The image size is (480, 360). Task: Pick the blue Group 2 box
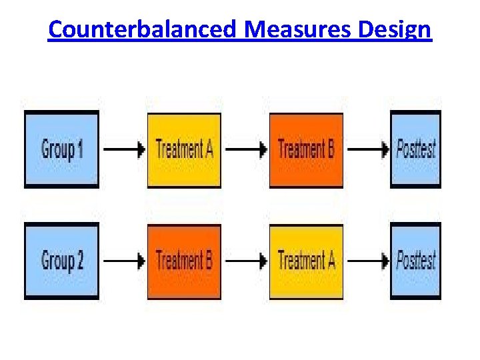click(x=62, y=261)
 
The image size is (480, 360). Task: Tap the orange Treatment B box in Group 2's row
click(x=184, y=261)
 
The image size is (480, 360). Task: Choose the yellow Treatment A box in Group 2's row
click(x=306, y=261)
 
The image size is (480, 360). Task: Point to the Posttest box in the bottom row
click(x=415, y=261)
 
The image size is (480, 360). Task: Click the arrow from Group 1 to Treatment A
click(x=124, y=149)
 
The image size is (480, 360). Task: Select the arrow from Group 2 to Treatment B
click(x=124, y=261)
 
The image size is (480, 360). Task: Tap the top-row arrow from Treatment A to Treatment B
click(x=245, y=149)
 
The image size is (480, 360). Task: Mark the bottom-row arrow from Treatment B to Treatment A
click(x=245, y=261)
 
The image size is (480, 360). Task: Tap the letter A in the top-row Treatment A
click(x=208, y=148)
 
